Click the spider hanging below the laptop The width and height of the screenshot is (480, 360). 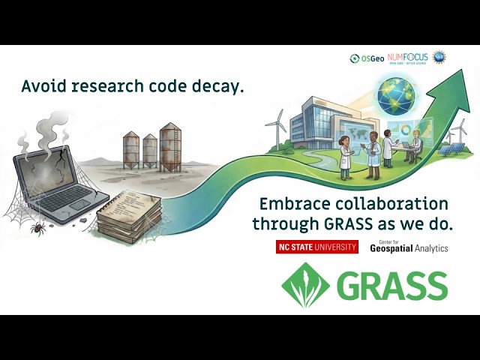pos(35,224)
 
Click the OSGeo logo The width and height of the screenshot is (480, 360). pos(367,58)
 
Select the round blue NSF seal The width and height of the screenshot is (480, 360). pos(439,57)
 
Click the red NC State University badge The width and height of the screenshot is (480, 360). pos(317,247)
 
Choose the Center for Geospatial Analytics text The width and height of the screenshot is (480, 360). pos(409,247)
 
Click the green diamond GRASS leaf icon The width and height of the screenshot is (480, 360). pos(305,285)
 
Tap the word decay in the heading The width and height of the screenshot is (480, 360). pos(217,86)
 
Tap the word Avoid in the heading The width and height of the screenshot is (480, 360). pos(43,86)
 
